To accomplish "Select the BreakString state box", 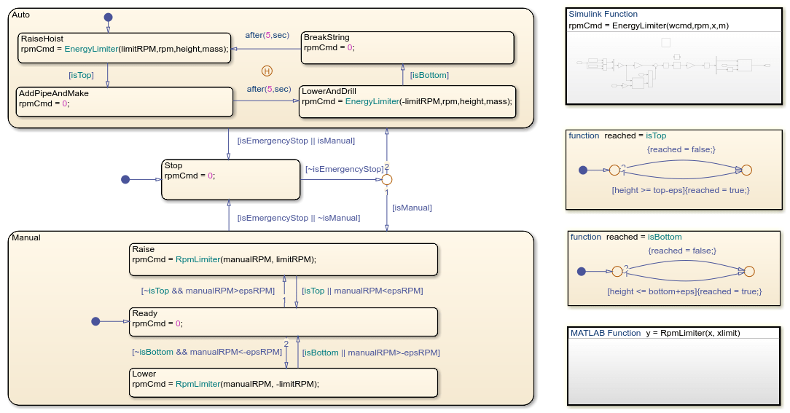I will coord(408,47).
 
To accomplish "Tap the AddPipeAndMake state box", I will coord(125,101).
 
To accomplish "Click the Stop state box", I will coord(230,179).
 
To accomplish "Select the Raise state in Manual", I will coord(283,259).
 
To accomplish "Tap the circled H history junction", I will coord(267,71).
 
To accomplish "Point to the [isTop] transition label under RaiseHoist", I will coord(81,75).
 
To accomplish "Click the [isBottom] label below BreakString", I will coord(429,75).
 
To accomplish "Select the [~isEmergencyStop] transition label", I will coord(344,170).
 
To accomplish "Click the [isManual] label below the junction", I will coord(412,208).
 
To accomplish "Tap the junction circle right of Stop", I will coord(387,179).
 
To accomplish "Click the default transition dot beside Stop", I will coord(125,179).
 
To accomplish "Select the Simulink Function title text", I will coord(603,14).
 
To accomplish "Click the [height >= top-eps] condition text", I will coord(651,190).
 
